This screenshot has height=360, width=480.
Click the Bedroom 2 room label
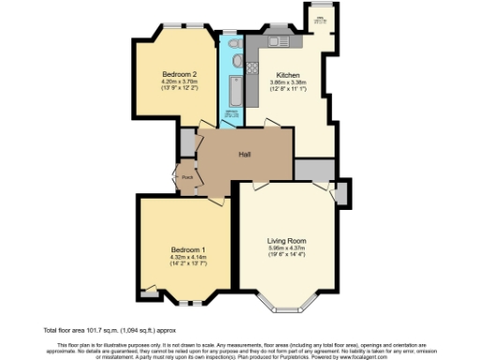(x=178, y=74)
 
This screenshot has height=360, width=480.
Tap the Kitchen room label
(x=288, y=74)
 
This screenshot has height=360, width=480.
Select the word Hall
(x=244, y=154)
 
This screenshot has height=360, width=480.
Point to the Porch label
(x=187, y=176)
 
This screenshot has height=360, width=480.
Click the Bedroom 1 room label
(x=187, y=248)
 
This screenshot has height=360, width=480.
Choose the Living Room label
(x=288, y=240)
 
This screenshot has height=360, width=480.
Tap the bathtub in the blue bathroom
(x=232, y=92)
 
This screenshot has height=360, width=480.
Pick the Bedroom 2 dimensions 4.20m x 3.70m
(x=178, y=82)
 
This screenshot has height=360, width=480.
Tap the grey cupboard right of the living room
(x=341, y=194)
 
